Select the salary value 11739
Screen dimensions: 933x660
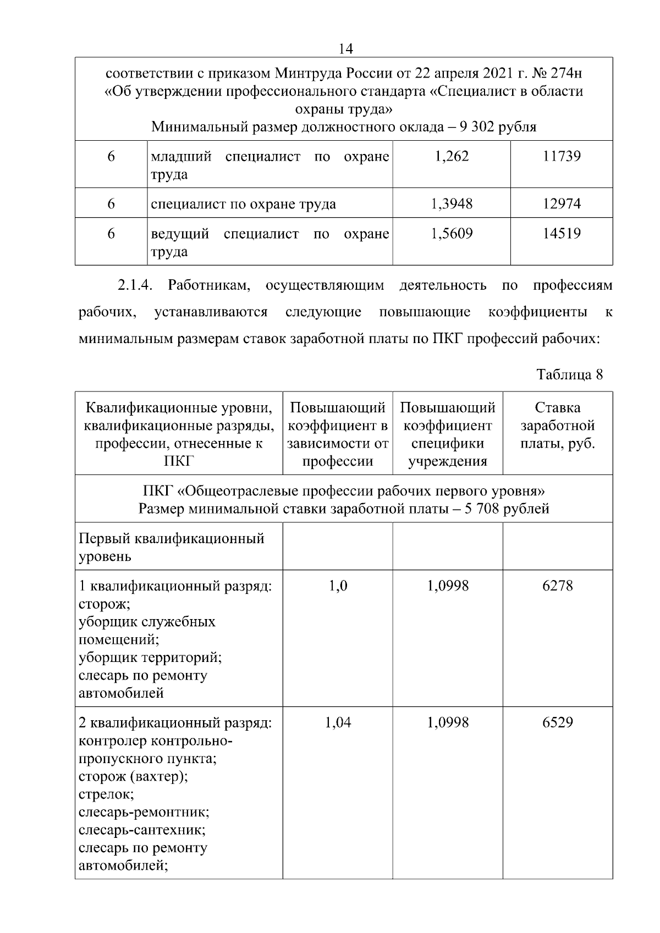562,157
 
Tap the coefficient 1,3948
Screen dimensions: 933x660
452,204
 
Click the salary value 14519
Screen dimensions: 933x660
562,234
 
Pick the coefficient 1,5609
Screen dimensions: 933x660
452,234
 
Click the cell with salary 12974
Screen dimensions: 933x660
562,204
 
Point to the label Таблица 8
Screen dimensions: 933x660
569,375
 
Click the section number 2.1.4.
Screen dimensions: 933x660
135,286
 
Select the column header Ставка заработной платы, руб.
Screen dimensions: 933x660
557,426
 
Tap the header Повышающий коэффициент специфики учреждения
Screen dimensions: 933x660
447,434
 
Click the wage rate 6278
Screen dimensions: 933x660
557,586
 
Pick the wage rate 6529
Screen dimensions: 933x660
557,722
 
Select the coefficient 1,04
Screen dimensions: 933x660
338,722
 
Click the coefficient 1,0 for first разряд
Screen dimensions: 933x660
338,586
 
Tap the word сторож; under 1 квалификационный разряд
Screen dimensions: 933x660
105,604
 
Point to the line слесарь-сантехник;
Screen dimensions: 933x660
142,830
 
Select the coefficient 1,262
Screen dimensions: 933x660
452,157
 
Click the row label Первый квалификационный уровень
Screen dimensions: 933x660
171,547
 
